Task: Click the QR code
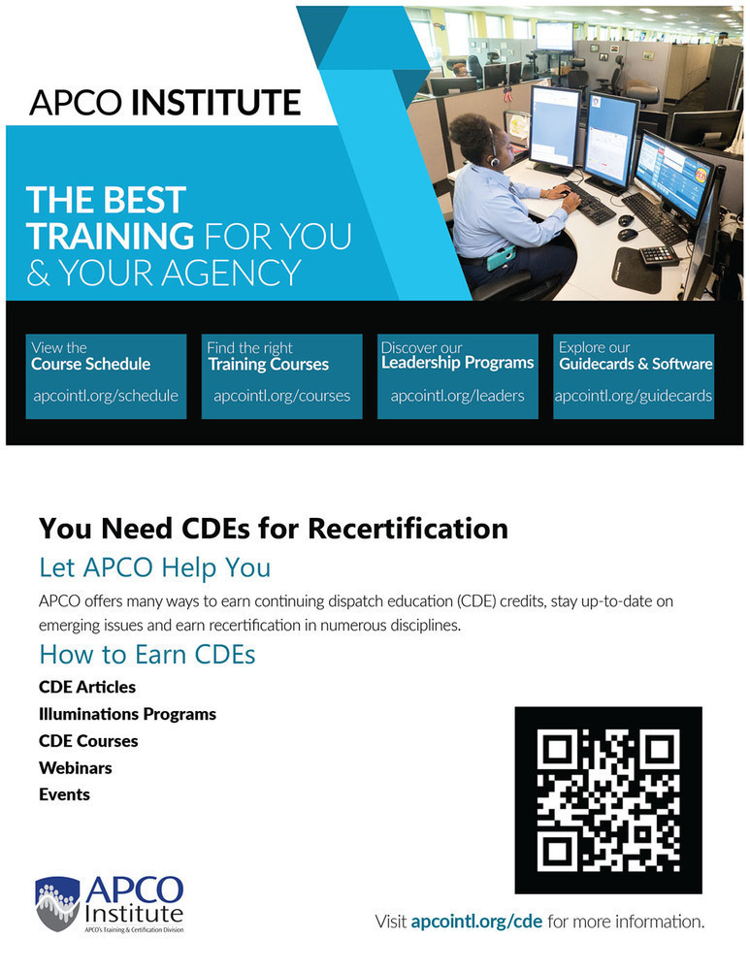608,800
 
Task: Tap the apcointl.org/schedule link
106,396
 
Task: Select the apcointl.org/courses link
281,396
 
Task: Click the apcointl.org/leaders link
457,396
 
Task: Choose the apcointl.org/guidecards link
633,396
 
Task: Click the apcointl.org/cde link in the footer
476,921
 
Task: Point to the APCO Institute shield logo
57,903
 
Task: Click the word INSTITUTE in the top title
216,102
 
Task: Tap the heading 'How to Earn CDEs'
147,655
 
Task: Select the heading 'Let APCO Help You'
154,567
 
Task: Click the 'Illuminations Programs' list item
127,714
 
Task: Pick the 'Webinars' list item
76,767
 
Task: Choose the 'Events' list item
64,794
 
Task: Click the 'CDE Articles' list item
87,687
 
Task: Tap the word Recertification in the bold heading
408,529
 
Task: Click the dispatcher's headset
494,150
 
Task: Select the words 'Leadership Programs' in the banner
457,363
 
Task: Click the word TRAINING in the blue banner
111,236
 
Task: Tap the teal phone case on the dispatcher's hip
502,257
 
